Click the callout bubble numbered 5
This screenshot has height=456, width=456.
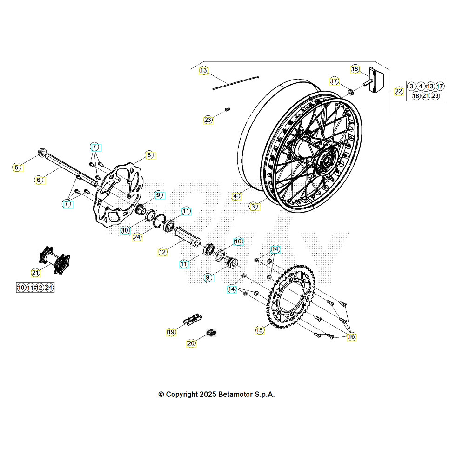click(17, 167)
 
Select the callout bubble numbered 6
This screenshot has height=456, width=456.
click(39, 179)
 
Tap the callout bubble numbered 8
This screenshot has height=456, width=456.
click(149, 155)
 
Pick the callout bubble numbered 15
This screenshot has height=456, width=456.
click(260, 330)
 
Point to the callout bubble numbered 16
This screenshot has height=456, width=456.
click(351, 336)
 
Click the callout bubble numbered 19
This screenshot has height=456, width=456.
click(171, 332)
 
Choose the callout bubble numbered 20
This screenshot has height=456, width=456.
click(191, 343)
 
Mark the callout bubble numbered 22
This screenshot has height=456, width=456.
click(399, 91)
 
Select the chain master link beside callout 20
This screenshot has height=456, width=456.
click(211, 332)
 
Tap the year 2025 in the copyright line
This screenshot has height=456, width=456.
click(207, 394)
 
